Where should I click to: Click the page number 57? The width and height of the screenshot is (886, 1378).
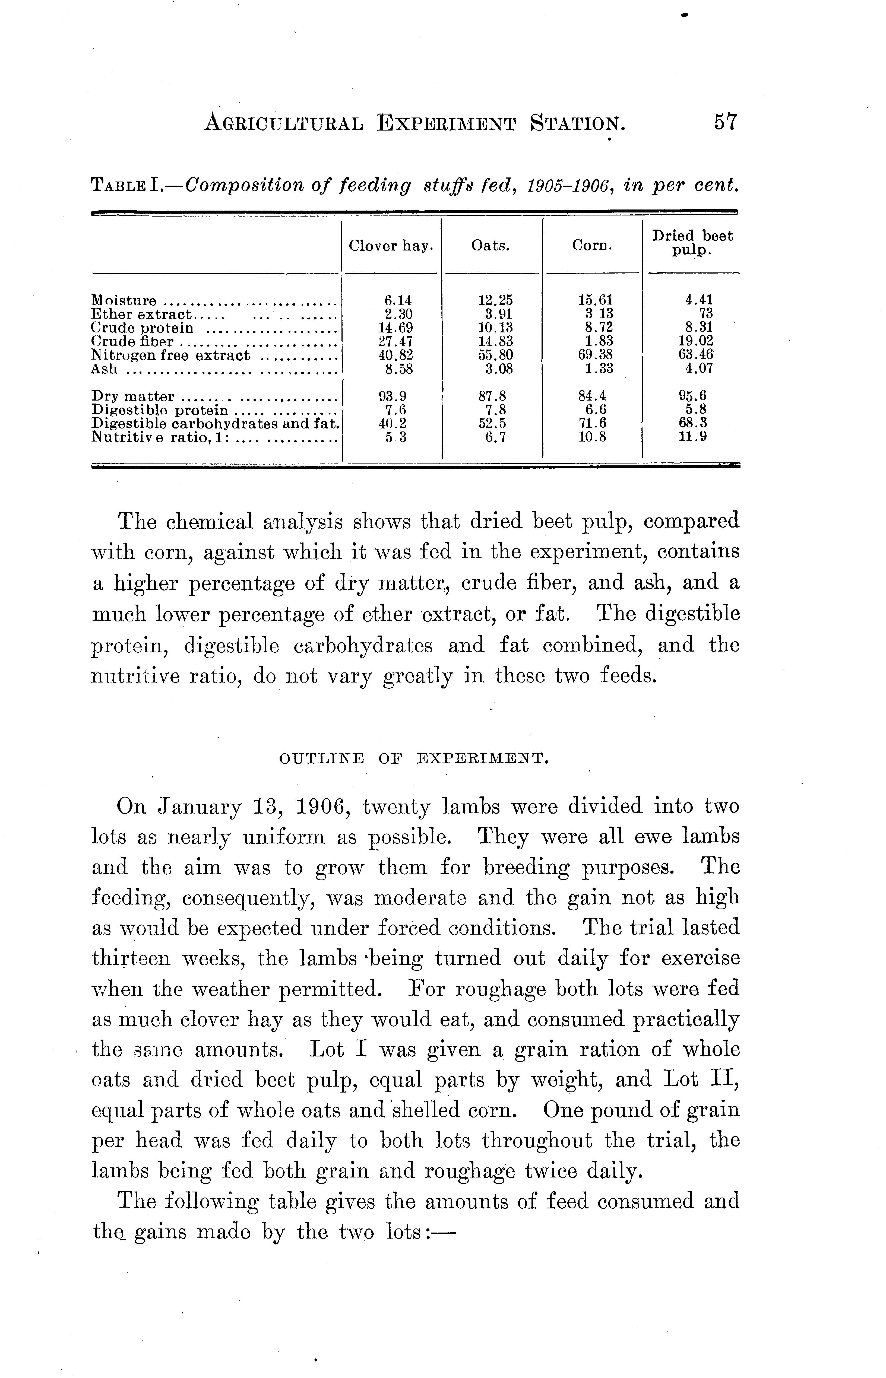coord(725,122)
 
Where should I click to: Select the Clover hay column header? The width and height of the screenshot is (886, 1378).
coord(391,246)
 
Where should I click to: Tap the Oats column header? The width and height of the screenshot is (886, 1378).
coord(490,246)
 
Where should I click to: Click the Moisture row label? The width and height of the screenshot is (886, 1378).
coord(124,300)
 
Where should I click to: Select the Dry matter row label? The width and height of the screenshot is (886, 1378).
coord(133,396)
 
